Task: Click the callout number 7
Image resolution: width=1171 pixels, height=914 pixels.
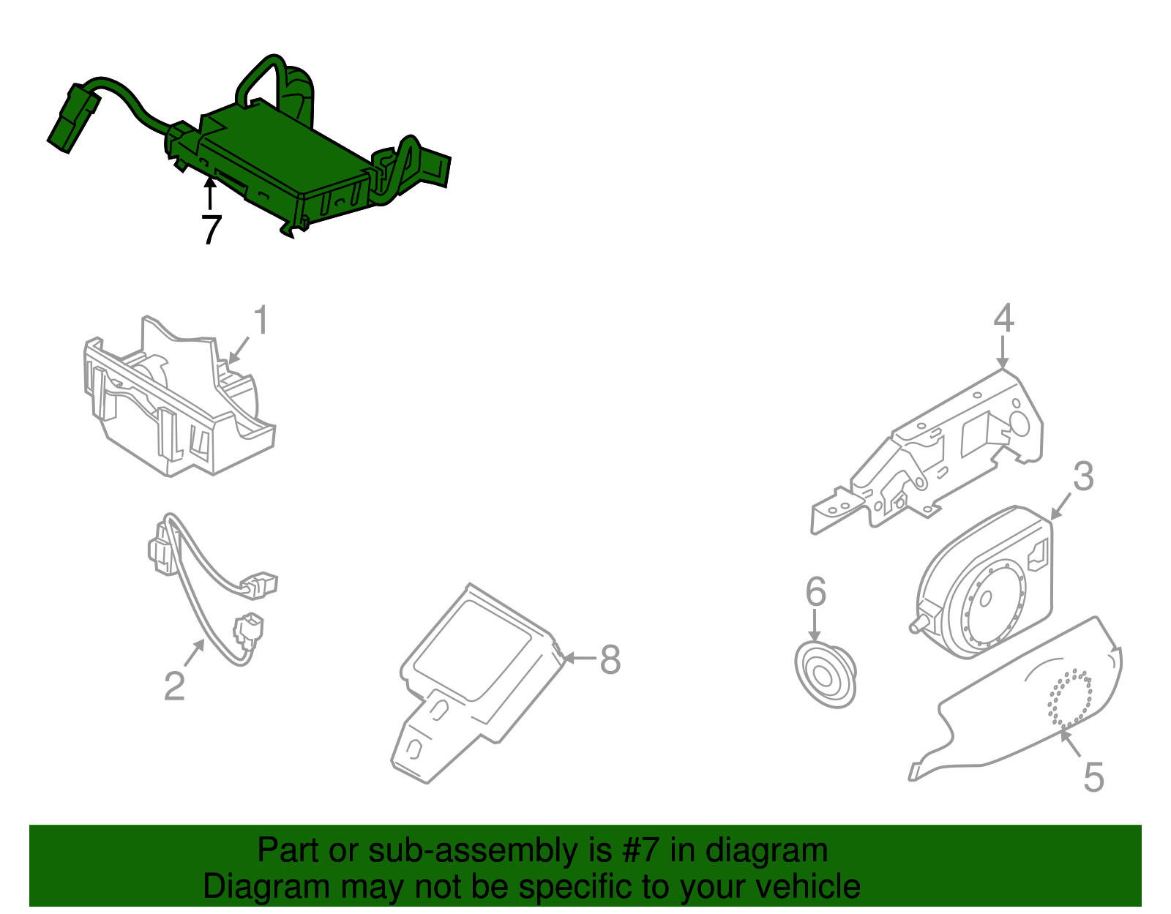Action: [211, 230]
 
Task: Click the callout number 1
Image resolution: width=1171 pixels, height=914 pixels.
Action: [261, 321]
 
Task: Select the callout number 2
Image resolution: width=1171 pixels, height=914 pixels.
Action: [174, 686]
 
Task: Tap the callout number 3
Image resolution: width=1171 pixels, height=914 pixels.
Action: [1083, 476]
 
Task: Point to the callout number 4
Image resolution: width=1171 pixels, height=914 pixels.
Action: [1003, 318]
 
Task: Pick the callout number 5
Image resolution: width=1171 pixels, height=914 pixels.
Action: [1093, 776]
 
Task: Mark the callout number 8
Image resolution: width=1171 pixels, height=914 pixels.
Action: [610, 659]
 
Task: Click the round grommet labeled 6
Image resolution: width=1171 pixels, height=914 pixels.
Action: [825, 673]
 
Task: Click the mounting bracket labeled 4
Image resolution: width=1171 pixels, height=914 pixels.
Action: [944, 454]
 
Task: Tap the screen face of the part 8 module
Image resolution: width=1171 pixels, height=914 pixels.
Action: [473, 647]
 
